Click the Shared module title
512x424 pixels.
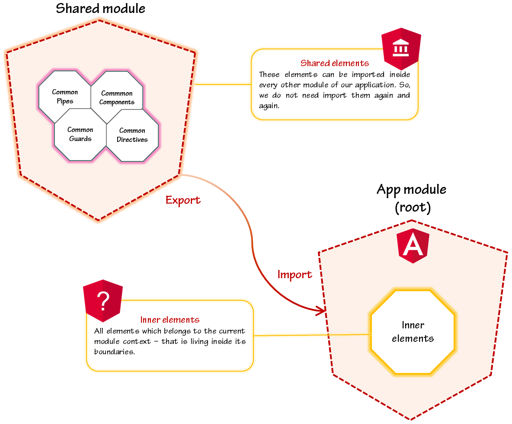pyautogui.click(x=100, y=9)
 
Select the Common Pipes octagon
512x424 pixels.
pyautogui.click(x=65, y=96)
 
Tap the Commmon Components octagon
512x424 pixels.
pyautogui.click(x=117, y=97)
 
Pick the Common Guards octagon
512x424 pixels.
pyautogui.click(x=80, y=134)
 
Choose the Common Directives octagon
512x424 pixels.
pyautogui.click(x=132, y=135)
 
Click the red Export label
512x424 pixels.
pyautogui.click(x=183, y=200)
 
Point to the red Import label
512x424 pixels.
pyautogui.click(x=294, y=275)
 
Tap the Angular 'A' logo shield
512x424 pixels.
pyautogui.click(x=413, y=246)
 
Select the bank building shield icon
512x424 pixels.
pyautogui.click(x=401, y=49)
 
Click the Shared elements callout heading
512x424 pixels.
pyautogui.click(x=335, y=64)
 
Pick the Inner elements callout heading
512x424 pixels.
pyautogui.click(x=170, y=320)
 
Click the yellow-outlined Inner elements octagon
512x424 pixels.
pyautogui.click(x=413, y=332)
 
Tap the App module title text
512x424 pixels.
pyautogui.click(x=411, y=190)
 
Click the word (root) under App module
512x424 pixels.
pyautogui.click(x=413, y=208)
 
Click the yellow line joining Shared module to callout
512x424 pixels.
pyautogui.click(x=223, y=84)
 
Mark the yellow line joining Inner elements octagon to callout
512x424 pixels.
pyautogui.click(x=311, y=335)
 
